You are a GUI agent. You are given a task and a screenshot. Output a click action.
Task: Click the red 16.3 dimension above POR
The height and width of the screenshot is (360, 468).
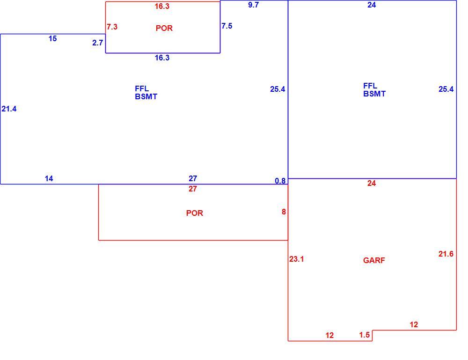[162, 6]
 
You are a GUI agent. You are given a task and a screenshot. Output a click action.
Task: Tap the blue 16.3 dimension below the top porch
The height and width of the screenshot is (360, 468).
[162, 58]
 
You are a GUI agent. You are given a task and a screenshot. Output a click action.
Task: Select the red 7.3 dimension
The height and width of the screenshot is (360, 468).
[112, 27]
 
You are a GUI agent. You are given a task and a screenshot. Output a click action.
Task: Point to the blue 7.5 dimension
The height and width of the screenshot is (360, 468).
[227, 26]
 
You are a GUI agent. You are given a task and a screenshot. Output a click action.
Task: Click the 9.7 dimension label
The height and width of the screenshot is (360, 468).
[253, 5]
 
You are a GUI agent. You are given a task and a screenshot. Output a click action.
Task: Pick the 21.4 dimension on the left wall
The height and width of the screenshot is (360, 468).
[9, 109]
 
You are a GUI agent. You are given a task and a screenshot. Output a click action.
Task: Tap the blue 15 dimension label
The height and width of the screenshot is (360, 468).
[52, 38]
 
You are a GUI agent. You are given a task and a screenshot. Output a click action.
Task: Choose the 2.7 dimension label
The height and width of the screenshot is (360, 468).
[98, 43]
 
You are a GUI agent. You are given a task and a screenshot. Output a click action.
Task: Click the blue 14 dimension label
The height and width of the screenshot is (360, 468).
[49, 178]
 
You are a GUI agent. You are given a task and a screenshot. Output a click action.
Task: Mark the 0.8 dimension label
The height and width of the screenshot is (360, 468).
[280, 181]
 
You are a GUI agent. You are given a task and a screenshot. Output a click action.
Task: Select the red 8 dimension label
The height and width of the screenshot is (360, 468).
[284, 212]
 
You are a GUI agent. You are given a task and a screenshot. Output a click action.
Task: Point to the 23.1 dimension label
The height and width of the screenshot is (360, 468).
[296, 259]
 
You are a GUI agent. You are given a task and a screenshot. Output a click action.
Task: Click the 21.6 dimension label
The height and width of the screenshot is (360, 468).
[446, 254]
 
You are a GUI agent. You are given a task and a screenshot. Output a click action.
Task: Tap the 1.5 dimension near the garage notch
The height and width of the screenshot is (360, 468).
[365, 335]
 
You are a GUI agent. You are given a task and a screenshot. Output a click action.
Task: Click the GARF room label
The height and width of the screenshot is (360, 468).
[374, 260]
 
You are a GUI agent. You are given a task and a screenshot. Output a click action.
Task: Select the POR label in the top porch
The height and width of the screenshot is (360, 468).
[164, 28]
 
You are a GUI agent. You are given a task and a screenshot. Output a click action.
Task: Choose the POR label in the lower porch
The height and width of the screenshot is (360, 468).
[195, 213]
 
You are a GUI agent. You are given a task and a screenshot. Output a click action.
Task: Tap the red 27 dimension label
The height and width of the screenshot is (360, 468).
[193, 189]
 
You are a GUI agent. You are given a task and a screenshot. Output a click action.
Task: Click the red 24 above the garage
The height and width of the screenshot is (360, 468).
[372, 184]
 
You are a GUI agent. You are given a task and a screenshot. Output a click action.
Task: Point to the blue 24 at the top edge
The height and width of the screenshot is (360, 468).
[372, 5]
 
